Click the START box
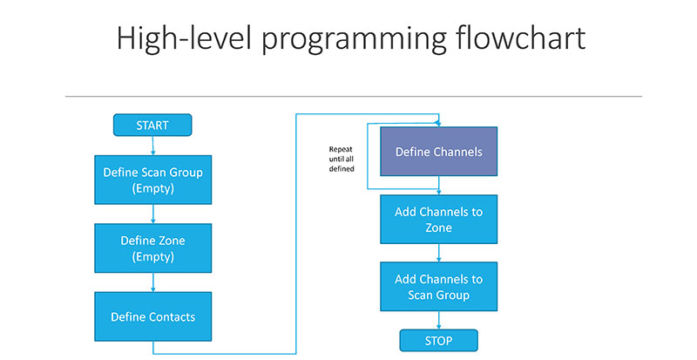point(152,125)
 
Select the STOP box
point(439,341)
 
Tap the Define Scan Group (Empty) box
point(153,180)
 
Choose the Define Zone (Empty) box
point(153,248)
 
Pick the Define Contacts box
point(153,316)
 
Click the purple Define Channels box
point(439,152)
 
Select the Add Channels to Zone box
point(439,220)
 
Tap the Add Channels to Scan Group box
point(439,287)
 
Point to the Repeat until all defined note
point(342,159)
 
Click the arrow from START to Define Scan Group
point(153,146)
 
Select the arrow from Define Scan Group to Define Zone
point(153,214)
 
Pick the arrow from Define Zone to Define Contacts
point(153,282)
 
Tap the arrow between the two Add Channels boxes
point(439,253)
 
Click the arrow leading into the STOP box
point(439,321)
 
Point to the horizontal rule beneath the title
point(354,96)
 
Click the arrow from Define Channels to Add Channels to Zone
point(439,186)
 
